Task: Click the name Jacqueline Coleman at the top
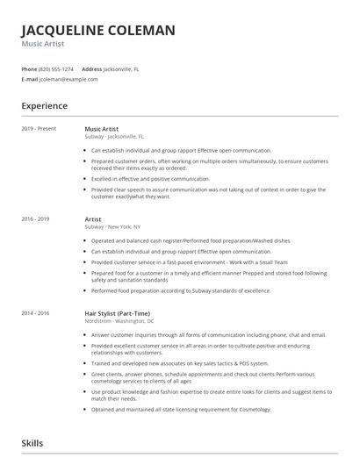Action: [x=98, y=30]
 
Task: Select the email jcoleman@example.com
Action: [x=68, y=79]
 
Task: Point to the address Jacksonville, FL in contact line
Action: [x=122, y=68]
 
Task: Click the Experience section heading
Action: [x=45, y=106]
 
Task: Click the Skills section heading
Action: [x=32, y=444]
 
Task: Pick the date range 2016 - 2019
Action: [x=36, y=218]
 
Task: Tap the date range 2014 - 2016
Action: [x=36, y=313]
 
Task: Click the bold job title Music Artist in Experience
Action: [x=102, y=128]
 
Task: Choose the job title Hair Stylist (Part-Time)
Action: [x=117, y=313]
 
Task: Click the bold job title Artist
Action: [x=93, y=218]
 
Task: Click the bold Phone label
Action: [x=29, y=68]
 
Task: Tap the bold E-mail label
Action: [x=30, y=79]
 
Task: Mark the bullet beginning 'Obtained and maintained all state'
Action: [x=182, y=409]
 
